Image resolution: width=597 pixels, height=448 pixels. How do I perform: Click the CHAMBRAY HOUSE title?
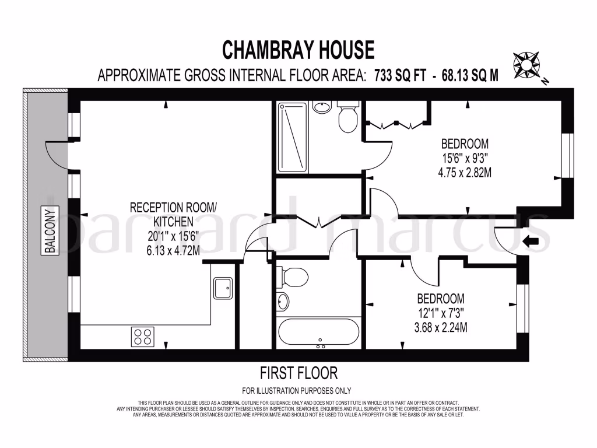pos(298,50)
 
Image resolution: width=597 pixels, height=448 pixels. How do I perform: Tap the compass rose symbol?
pos(526,64)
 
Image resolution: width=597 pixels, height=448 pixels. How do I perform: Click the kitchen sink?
pos(222,287)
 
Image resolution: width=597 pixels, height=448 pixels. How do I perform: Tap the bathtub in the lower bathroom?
pos(318,332)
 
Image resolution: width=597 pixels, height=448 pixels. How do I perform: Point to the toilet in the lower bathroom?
pos(293,277)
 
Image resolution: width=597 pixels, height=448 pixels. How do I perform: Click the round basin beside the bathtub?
pos(283,302)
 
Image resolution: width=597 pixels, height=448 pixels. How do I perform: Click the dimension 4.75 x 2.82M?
pos(464,172)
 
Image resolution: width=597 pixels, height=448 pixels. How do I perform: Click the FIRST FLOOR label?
pos(298,372)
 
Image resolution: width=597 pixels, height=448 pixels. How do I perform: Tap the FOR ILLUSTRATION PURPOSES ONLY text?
pos(296,391)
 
